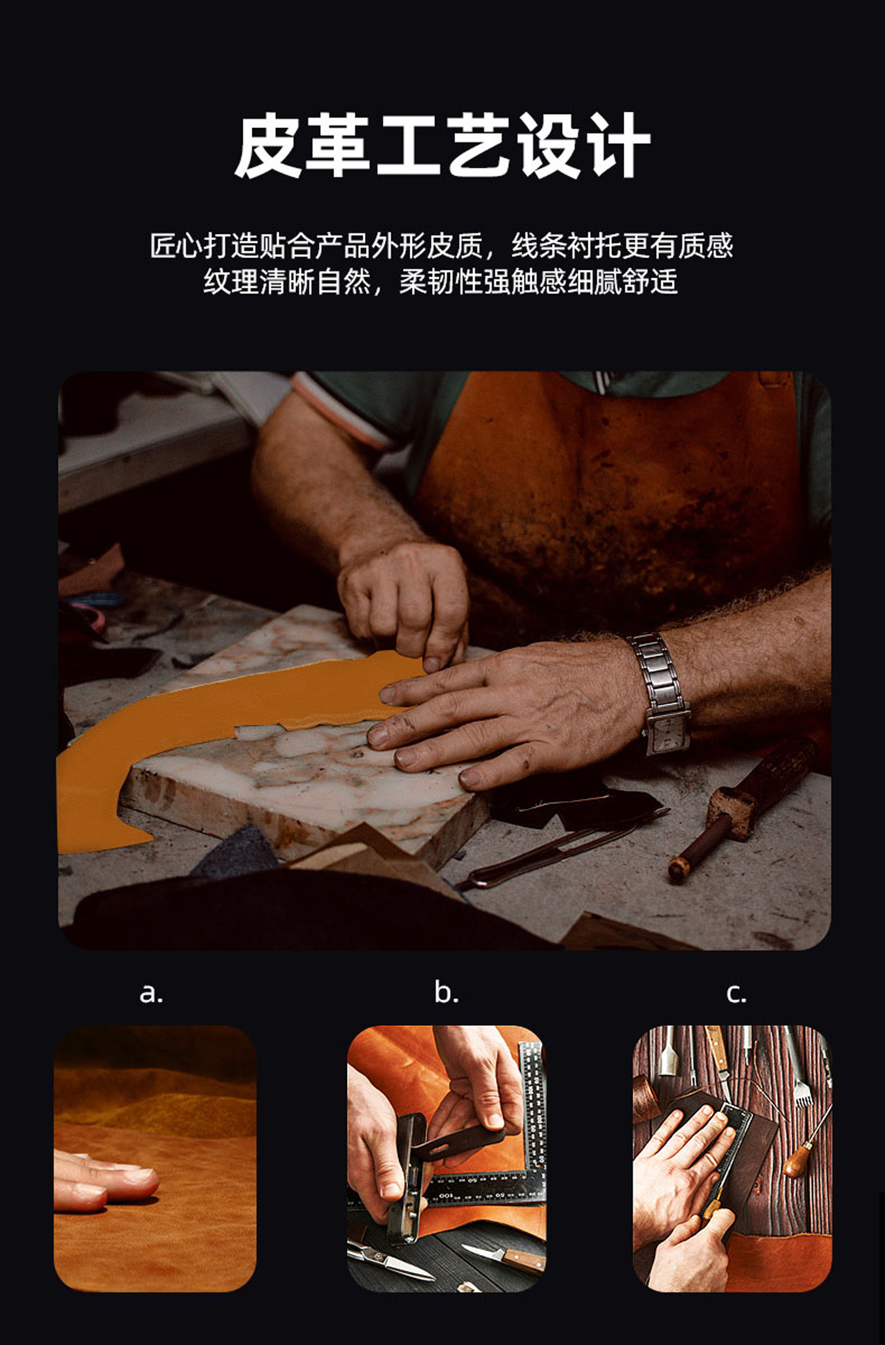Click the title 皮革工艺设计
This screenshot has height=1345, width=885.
442,145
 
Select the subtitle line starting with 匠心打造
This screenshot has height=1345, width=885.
442,246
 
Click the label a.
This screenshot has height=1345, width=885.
151,994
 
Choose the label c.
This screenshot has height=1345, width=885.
736,994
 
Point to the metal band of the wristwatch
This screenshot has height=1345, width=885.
655,675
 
